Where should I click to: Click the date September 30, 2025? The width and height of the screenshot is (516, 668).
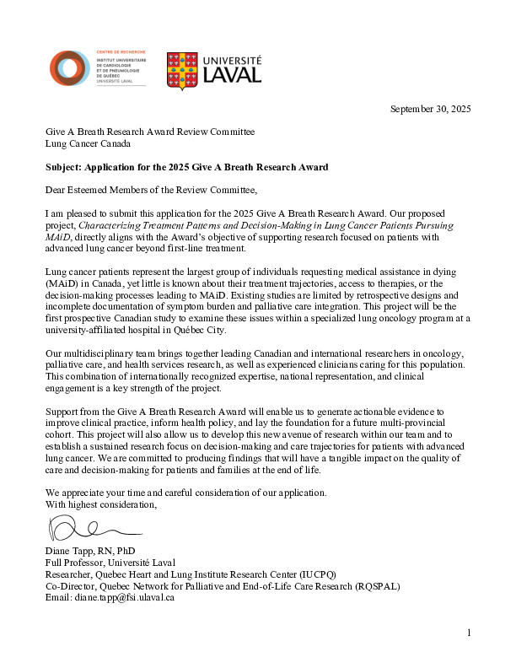pos(430,109)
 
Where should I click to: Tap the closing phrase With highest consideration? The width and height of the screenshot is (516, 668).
pos(101,504)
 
